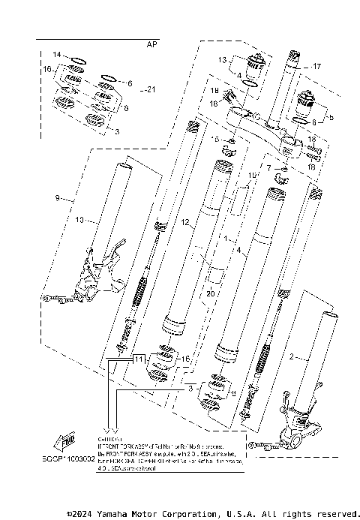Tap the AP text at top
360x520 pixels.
tap(152, 44)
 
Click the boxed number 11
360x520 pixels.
tap(138, 359)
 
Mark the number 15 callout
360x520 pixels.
tap(216, 140)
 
